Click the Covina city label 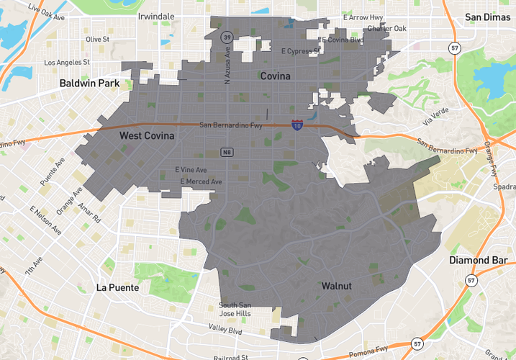[x=276, y=76]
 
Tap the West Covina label [x=147, y=135]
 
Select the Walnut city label [x=336, y=286]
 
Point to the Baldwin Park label [x=89, y=84]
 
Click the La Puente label [x=117, y=287]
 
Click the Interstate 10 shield [x=297, y=125]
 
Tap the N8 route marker [x=227, y=152]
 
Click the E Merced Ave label [x=201, y=181]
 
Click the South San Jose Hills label [x=235, y=310]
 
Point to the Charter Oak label [x=386, y=29]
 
